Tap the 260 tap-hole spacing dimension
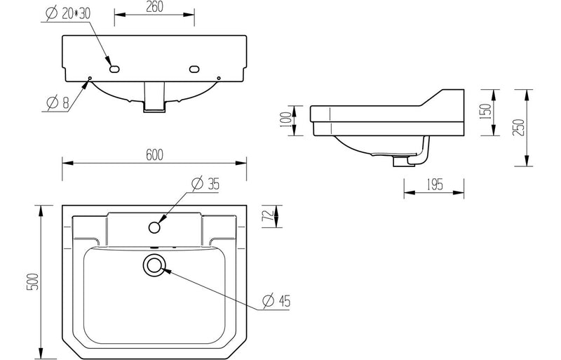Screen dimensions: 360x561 click(x=154, y=7)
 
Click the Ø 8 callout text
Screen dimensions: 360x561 click(x=58, y=102)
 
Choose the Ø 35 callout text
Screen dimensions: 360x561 click(x=205, y=184)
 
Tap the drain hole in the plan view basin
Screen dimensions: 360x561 click(x=154, y=265)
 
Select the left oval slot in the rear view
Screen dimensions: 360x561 click(x=115, y=68)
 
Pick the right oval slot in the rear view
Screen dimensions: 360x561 click(x=194, y=68)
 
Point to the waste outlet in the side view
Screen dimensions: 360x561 click(x=404, y=161)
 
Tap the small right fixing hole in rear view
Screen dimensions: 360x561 click(x=219, y=78)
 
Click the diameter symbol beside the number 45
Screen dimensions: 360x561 click(x=267, y=301)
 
